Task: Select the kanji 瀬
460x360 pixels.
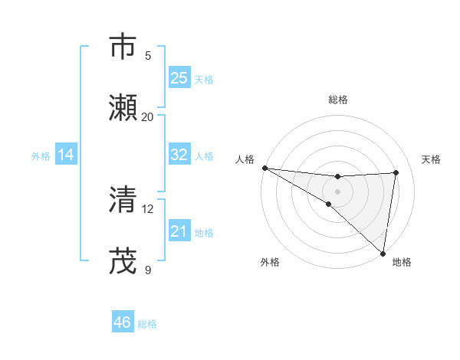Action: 123,107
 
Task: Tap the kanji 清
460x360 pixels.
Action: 123,200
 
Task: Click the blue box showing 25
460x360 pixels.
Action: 179,78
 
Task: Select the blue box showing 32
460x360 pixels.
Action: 179,155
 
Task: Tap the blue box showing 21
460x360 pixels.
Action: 179,231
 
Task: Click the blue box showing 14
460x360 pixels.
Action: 66,155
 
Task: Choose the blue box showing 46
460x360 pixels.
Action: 123,322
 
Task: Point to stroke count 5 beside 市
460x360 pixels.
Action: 148,55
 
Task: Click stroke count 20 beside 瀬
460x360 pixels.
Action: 148,116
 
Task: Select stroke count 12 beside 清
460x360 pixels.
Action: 148,208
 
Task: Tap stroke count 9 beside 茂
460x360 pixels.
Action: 148,270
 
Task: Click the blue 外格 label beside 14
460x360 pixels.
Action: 41,155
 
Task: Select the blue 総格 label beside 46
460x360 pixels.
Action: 147,324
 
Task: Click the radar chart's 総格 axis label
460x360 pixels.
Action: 337,100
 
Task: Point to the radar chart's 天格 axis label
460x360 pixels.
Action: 431,159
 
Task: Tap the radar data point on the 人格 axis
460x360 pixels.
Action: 264,168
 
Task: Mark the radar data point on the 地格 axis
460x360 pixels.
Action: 383,253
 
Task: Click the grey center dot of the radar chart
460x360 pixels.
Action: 337,191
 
